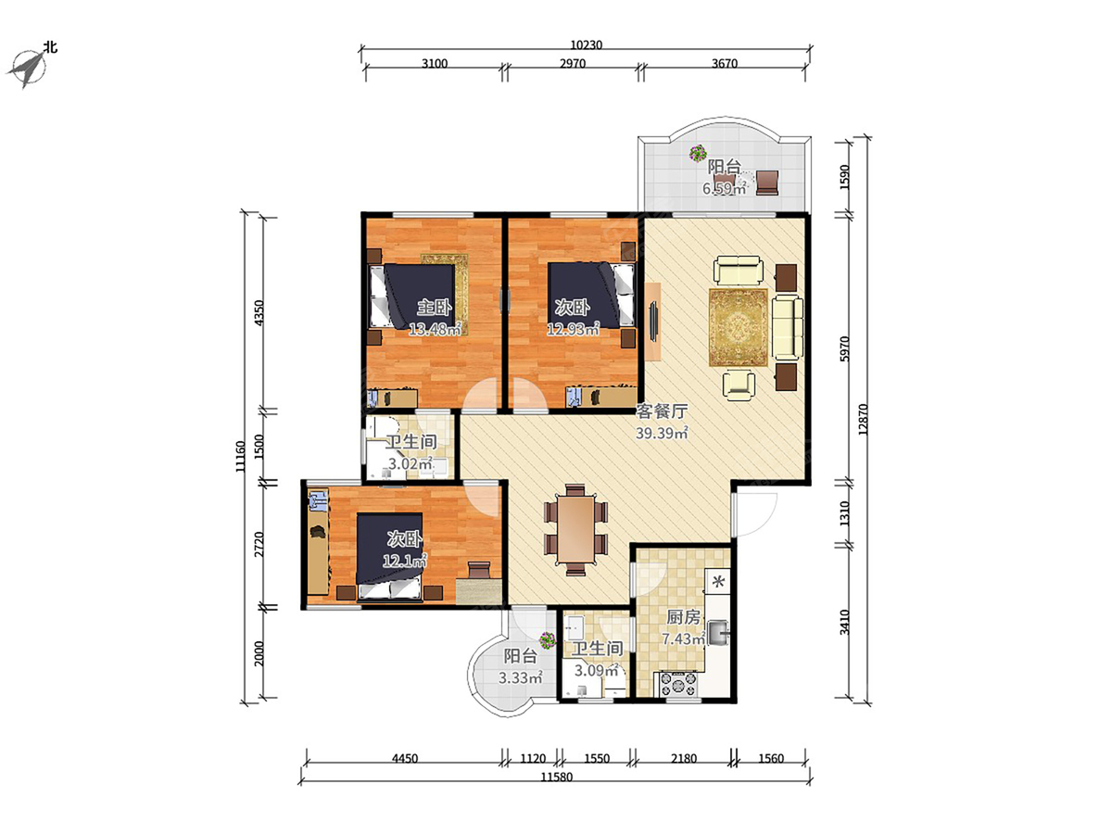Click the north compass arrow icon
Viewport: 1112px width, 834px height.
(x=27, y=69)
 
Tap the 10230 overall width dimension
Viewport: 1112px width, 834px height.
(x=587, y=45)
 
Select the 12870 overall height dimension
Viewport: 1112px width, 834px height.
(x=864, y=419)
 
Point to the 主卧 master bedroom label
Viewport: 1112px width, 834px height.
(x=435, y=307)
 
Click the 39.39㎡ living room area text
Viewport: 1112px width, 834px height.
(x=662, y=433)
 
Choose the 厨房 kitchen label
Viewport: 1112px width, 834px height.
(x=683, y=617)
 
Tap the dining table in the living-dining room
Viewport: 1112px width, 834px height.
(x=575, y=528)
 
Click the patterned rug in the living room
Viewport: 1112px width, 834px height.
(x=739, y=326)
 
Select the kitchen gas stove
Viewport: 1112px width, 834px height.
(x=678, y=684)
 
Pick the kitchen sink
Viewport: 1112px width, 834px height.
(x=718, y=633)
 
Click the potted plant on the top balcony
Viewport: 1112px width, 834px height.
(x=699, y=152)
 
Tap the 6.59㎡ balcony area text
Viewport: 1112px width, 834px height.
(x=724, y=189)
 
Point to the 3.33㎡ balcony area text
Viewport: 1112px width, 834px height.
(x=520, y=677)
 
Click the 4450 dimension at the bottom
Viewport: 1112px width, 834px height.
(x=405, y=759)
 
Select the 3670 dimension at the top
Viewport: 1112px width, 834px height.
(x=725, y=64)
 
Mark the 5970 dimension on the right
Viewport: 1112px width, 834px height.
(x=844, y=349)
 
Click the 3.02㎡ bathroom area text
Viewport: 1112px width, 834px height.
(x=411, y=463)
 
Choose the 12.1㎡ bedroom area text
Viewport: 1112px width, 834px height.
(x=404, y=561)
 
